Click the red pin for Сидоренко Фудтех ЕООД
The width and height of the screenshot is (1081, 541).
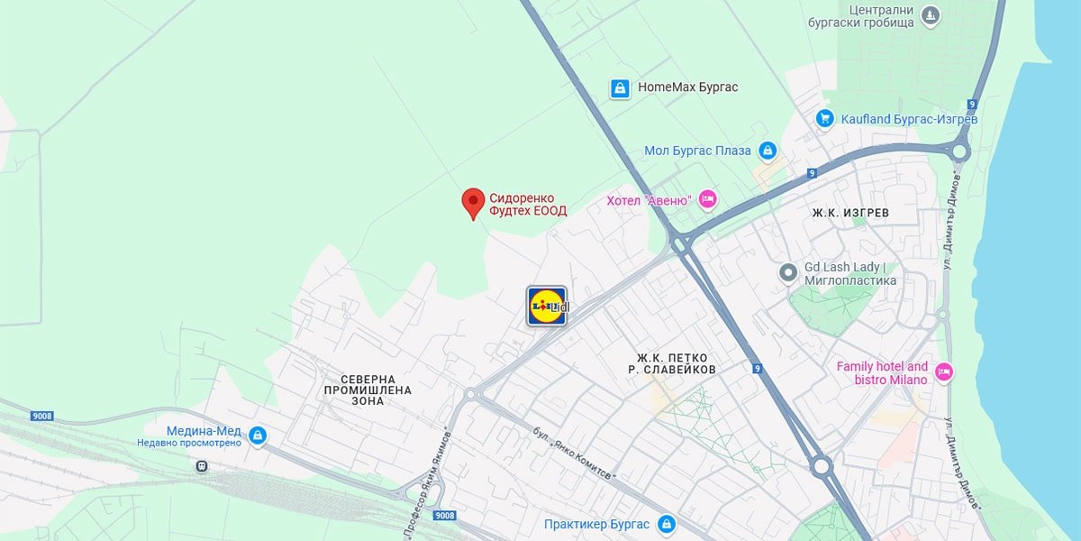473,202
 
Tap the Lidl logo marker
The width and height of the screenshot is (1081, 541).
547,306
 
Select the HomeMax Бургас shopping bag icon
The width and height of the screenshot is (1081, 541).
620,87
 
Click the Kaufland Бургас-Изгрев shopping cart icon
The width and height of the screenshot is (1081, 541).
824,118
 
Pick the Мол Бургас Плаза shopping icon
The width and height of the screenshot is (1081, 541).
768,151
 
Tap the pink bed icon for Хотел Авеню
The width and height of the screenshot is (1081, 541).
708,199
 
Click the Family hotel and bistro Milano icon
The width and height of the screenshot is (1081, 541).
943,371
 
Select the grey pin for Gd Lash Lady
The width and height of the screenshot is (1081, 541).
788,270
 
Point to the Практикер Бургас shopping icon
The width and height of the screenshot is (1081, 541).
666,524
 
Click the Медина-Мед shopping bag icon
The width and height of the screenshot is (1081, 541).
258,436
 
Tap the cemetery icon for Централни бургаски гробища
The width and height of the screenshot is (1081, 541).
931,15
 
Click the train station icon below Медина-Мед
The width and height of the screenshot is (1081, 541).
202,466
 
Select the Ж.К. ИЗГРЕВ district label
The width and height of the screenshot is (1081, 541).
850,213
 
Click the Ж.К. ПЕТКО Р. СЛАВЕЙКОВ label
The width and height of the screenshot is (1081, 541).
672,363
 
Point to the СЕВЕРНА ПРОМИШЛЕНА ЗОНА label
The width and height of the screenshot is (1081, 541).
368,390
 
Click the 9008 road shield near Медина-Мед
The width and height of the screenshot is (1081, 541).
41,417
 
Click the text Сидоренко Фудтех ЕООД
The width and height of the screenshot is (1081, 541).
528,205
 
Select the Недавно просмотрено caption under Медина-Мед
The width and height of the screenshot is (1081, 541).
189,443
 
